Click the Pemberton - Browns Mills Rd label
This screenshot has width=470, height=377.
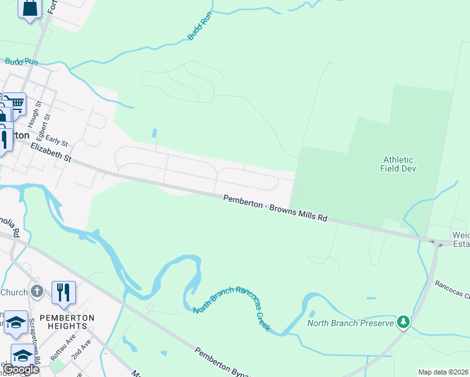click(276, 208)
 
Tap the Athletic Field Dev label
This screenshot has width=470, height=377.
click(400, 163)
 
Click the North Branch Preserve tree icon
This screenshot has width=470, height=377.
click(403, 322)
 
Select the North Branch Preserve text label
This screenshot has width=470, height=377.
click(350, 324)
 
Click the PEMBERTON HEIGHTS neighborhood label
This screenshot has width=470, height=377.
click(63, 322)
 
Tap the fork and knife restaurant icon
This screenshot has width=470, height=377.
click(63, 292)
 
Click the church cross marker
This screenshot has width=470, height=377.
click(37, 292)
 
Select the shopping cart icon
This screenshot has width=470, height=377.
click(15, 102)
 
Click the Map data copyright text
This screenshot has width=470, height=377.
click(443, 372)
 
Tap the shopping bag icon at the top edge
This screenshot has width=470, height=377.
click(30, 8)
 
